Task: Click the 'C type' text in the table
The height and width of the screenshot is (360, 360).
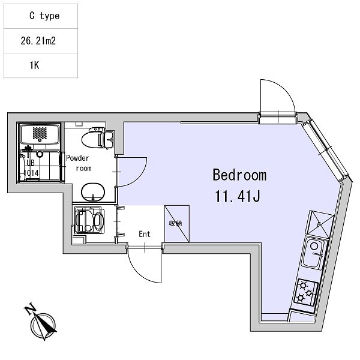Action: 44,16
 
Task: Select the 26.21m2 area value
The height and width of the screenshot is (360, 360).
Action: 38,41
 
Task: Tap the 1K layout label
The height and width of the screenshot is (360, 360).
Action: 34,65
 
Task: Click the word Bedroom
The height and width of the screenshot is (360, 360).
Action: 239,175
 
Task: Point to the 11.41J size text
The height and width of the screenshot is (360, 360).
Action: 238,196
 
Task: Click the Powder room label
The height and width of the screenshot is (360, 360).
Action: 79,163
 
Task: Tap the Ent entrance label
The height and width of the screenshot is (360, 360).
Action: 145,234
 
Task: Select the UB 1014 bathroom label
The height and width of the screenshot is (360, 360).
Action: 31,168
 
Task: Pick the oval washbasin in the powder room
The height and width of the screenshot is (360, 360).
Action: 93,192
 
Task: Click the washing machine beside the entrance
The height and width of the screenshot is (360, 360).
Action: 89,220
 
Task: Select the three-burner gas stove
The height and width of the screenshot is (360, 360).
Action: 305,293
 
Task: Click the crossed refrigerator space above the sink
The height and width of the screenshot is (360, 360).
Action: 320,224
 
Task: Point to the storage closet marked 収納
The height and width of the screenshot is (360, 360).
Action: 176,224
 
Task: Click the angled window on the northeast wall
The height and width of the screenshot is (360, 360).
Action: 326,150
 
